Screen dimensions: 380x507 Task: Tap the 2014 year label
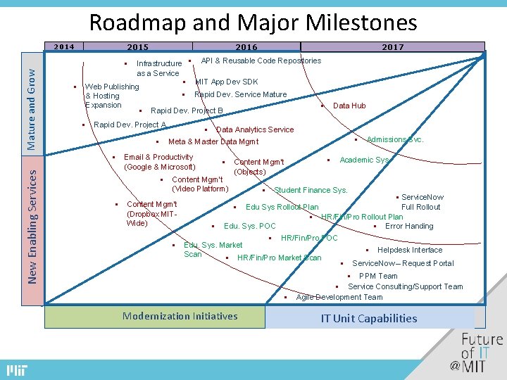pyautogui.click(x=64, y=47)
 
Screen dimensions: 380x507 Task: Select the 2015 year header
pyautogui.click(x=137, y=47)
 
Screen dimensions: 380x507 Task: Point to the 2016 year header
pyautogui.click(x=246, y=47)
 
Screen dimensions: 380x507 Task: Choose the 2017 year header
pyautogui.click(x=392, y=47)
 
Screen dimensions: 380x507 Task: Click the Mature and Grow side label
pyautogui.click(x=31, y=104)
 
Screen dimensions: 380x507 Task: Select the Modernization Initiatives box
pyautogui.click(x=180, y=316)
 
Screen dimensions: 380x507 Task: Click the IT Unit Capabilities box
pyautogui.click(x=369, y=318)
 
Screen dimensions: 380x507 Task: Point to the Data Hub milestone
pyautogui.click(x=349, y=106)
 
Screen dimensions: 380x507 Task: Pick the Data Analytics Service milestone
pyautogui.click(x=254, y=129)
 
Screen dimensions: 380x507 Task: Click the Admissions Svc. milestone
pyautogui.click(x=394, y=139)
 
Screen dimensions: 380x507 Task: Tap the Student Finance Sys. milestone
pyautogui.click(x=310, y=190)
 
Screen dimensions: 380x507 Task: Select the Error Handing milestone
pyautogui.click(x=408, y=226)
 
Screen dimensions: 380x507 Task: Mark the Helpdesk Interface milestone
pyautogui.click(x=409, y=250)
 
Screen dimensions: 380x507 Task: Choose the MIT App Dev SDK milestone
pyautogui.click(x=226, y=82)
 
